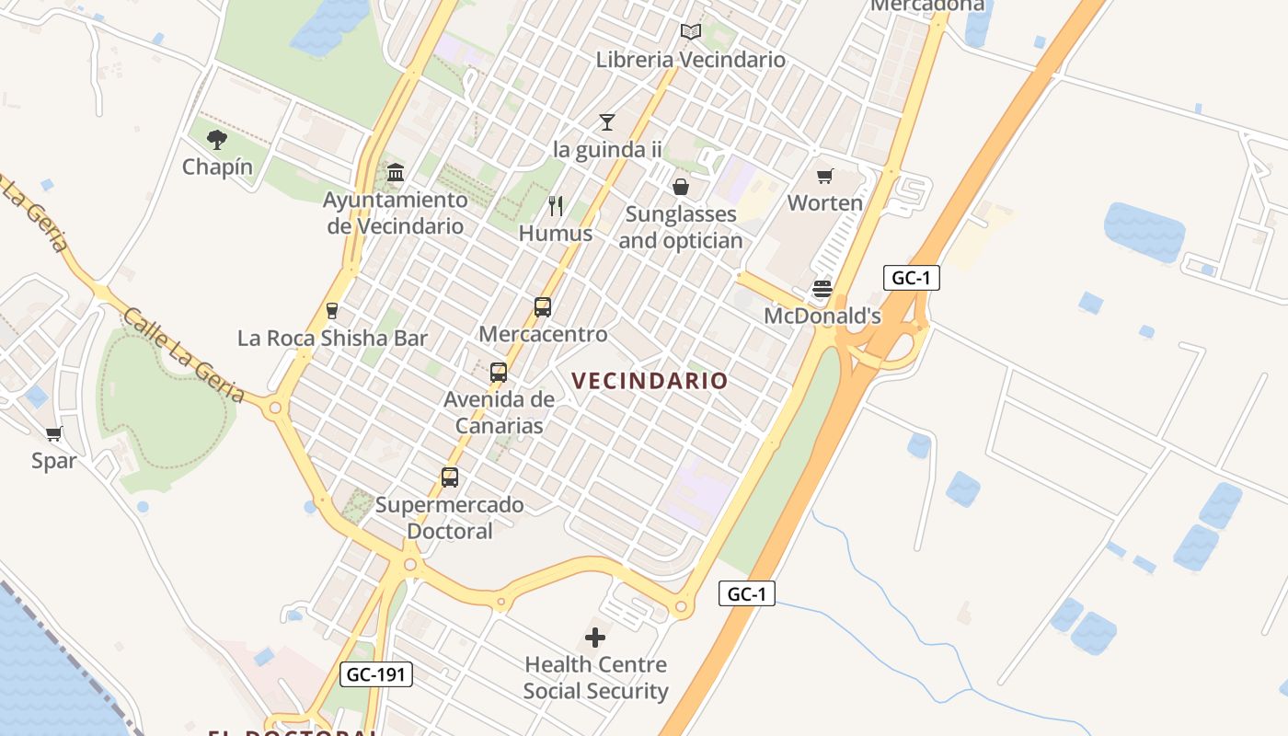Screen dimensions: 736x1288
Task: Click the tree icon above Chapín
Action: point(217,140)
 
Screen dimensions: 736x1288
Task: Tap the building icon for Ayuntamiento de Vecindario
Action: point(396,172)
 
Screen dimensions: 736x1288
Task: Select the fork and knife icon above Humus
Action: point(556,205)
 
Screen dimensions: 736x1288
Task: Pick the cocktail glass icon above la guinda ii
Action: point(606,122)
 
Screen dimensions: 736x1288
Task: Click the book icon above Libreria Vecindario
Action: point(691,32)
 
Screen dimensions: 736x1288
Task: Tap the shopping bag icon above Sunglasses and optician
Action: point(681,187)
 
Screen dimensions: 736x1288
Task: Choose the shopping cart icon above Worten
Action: point(825,176)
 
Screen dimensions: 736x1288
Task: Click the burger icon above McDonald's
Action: point(822,289)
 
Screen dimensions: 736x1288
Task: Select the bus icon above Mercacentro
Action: point(543,307)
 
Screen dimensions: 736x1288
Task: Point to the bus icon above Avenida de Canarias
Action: point(499,373)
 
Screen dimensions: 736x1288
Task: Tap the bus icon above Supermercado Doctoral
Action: point(450,477)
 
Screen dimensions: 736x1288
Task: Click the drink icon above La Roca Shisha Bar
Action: point(332,311)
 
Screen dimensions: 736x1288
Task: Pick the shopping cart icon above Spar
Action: point(54,433)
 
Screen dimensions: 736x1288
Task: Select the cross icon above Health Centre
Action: point(595,637)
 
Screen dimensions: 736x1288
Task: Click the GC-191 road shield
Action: point(376,674)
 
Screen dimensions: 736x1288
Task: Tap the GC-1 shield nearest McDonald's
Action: point(911,278)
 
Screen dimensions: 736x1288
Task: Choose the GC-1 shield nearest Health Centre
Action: point(746,594)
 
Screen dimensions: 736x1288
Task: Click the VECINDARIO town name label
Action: point(650,381)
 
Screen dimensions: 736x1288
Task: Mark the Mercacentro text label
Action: point(543,335)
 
